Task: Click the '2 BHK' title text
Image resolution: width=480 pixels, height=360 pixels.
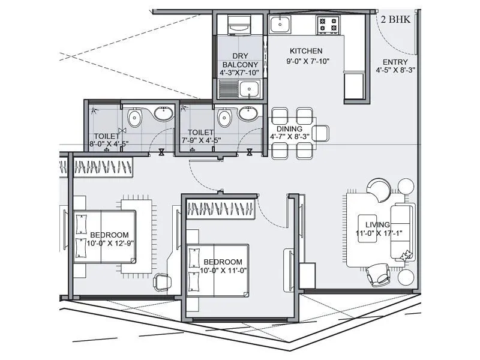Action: coord(395,19)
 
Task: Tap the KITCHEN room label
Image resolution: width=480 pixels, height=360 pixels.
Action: coord(306,51)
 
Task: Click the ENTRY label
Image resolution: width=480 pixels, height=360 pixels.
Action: coord(395,62)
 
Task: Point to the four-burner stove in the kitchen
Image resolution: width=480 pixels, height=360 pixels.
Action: coord(328,24)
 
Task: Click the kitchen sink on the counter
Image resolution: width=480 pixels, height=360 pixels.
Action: coord(280,24)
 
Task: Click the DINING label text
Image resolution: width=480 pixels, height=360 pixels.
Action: coord(289,128)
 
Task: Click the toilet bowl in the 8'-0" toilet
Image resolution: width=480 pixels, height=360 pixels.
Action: coord(134,115)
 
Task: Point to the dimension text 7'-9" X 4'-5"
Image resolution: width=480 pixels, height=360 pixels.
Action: coord(201,140)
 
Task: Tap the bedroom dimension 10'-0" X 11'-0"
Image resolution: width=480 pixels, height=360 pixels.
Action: coord(223,271)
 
